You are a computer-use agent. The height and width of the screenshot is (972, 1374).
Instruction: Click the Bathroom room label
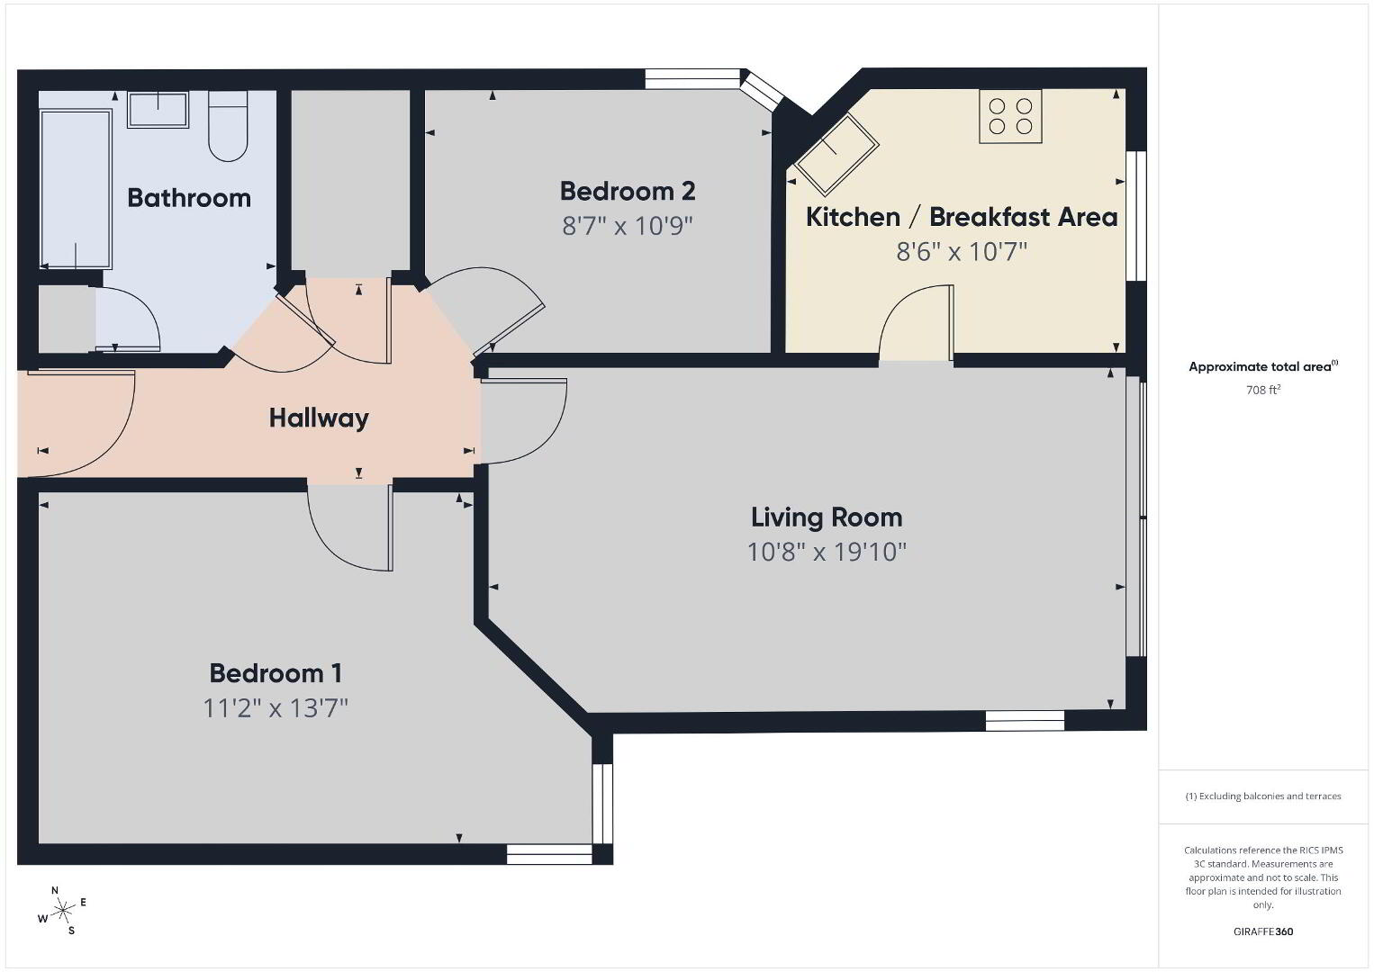pos(189,198)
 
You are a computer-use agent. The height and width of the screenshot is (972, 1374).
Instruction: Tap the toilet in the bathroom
pos(228,126)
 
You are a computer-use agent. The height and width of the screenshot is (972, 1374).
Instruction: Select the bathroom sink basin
pos(158,110)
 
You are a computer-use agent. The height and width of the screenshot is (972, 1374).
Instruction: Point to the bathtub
pos(76,189)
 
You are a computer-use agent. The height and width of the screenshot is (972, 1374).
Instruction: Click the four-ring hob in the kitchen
pos(1010,116)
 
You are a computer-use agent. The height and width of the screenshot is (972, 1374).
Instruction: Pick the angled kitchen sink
pos(836,154)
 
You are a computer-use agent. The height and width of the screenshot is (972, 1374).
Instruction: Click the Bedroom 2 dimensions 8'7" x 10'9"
pos(628,226)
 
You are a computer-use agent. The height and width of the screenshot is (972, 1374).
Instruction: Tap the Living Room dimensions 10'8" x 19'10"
pos(827,552)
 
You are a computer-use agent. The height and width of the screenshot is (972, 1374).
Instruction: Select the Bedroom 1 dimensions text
pos(276,708)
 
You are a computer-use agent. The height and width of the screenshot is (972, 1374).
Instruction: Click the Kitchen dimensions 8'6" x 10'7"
pos(962,251)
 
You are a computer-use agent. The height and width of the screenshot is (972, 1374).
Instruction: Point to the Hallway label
pos(319,418)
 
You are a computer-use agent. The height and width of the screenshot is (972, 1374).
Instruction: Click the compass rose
pos(62,911)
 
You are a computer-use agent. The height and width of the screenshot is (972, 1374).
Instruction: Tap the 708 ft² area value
pos(1263,390)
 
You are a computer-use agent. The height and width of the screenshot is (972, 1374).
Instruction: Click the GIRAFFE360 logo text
pos(1263,931)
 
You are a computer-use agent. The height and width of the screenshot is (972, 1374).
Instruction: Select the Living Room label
pos(827,517)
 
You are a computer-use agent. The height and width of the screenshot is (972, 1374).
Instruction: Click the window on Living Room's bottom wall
pos(1025,721)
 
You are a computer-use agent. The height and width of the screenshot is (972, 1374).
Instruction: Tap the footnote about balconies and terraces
pos(1263,796)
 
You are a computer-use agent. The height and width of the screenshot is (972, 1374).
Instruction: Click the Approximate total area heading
pos(1263,366)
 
